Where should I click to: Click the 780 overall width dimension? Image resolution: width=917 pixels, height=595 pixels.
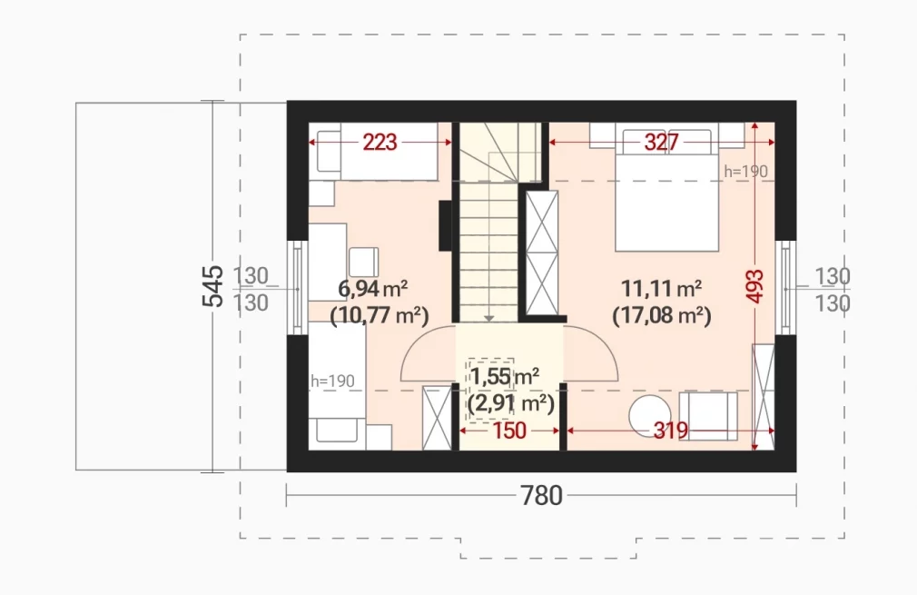coord(541,496)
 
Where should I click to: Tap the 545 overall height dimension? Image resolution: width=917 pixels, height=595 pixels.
coord(212,286)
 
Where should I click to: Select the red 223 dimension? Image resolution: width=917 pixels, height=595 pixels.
coord(380,143)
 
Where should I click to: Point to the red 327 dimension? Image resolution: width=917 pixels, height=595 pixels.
coord(662,143)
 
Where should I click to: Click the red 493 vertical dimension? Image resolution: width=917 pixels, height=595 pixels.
coord(755,286)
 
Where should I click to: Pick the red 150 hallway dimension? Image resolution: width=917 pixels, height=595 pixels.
coord(509,431)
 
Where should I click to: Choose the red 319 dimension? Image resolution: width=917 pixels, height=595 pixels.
coord(671,431)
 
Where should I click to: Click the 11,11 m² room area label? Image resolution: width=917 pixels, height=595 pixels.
coord(662,289)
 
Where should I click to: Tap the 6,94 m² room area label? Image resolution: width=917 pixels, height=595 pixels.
coord(373,289)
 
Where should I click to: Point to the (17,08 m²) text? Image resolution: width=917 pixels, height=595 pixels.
coord(662,316)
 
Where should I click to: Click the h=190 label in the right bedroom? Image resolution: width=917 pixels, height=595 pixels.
coord(745,172)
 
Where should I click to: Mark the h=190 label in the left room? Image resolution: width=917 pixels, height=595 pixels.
coord(333,381)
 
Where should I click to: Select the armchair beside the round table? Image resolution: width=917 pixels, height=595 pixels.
coord(708,415)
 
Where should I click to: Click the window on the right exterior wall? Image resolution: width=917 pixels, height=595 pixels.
coord(785,288)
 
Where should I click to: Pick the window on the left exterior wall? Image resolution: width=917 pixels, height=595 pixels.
coord(297,288)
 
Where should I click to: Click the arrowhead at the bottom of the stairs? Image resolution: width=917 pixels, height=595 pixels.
coord(488,318)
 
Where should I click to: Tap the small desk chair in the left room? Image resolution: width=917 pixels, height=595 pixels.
coord(364,263)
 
